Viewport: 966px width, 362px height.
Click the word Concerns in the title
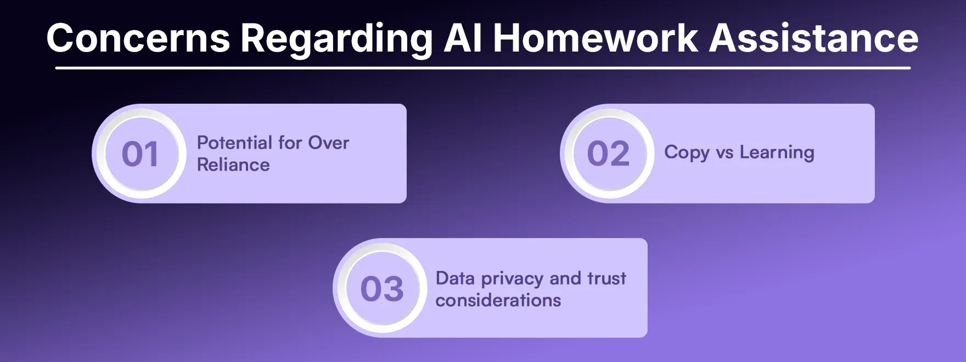138,38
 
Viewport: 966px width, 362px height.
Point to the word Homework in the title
596,38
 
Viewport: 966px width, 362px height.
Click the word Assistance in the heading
814,38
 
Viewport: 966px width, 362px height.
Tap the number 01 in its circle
140,154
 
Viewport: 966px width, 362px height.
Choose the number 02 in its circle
608,154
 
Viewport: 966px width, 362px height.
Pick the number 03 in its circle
382,289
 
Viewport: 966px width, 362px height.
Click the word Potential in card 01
234,143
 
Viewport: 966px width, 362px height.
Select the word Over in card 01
328,143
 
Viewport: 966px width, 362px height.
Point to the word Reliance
233,165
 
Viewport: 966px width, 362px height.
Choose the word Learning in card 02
777,153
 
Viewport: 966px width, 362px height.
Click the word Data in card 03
455,279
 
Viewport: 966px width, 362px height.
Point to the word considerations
498,301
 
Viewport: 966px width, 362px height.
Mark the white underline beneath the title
483,68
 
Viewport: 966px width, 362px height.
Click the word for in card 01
290,143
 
